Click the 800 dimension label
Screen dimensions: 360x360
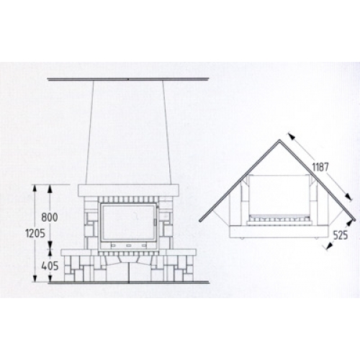[50, 217]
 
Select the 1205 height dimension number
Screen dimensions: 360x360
[35, 233]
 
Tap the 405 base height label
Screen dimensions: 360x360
[50, 266]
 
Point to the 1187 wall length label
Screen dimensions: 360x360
[320, 167]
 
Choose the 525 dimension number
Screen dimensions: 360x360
[341, 235]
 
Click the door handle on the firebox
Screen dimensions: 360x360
[155, 222]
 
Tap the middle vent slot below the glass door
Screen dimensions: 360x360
[129, 246]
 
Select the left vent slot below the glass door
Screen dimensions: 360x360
[113, 246]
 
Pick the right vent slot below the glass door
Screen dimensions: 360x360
[144, 246]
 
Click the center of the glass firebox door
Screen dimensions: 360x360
[128, 222]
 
